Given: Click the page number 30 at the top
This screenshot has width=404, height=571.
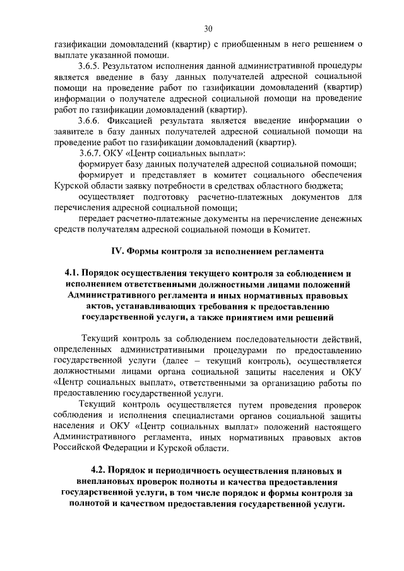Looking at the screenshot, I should [208, 28].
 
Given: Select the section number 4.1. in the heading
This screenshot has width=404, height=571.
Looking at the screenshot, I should [75, 273].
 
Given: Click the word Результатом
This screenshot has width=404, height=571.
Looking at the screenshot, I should [138, 66].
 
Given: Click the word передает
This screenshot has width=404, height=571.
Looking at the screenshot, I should [97, 219].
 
